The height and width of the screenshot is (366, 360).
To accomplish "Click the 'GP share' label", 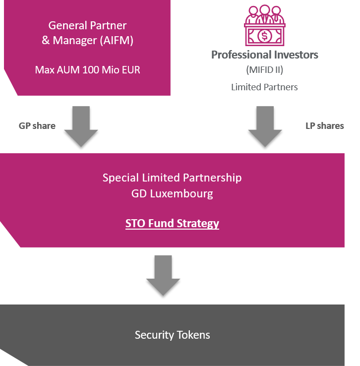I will pyautogui.click(x=37, y=126).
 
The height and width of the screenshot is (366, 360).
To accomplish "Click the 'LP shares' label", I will pyautogui.click(x=324, y=126).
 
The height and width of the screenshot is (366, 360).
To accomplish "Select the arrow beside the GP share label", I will pyautogui.click(x=81, y=126).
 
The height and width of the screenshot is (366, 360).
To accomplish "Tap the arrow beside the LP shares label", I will pyautogui.click(x=265, y=126).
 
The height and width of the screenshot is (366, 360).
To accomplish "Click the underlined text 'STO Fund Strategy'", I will pyautogui.click(x=172, y=223).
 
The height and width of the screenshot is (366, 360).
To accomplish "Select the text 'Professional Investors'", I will pyautogui.click(x=265, y=55).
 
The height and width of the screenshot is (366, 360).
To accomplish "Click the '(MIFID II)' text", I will pyautogui.click(x=264, y=70).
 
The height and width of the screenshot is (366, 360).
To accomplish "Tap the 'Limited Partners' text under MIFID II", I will pyautogui.click(x=264, y=87).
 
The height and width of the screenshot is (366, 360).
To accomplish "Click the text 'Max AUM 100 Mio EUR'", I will pyautogui.click(x=87, y=69).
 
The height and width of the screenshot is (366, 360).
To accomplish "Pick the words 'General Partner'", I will pyautogui.click(x=87, y=25).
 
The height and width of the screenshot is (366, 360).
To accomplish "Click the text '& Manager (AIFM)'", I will pyautogui.click(x=87, y=40).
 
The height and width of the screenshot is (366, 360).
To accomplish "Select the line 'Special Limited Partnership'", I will pyautogui.click(x=172, y=178).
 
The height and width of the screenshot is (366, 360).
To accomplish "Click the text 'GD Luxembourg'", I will pyautogui.click(x=172, y=193).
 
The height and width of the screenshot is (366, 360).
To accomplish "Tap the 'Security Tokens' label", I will pyautogui.click(x=172, y=335).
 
